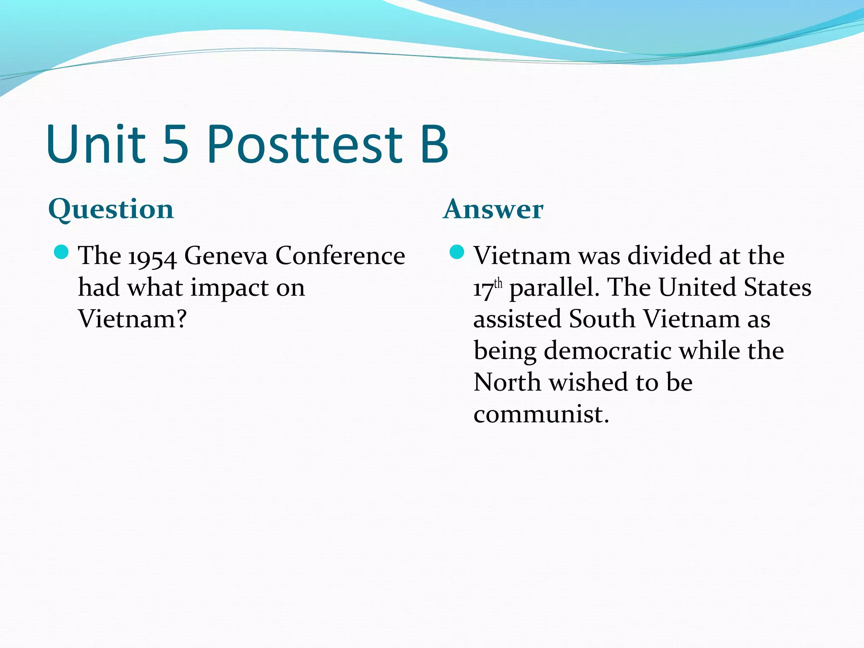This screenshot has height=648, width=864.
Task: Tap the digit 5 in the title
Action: [175, 144]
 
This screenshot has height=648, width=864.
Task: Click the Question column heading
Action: [111, 209]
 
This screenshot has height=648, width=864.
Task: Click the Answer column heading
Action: [493, 209]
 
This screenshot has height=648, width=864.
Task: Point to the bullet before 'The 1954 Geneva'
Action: [62, 252]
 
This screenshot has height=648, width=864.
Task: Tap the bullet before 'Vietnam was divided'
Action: [457, 252]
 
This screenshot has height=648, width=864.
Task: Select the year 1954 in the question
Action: [152, 257]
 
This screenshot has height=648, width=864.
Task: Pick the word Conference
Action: [340, 256]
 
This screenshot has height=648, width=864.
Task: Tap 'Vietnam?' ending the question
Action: [132, 319]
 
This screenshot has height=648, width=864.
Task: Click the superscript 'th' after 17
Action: [498, 283]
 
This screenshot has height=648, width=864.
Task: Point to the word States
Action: [777, 288]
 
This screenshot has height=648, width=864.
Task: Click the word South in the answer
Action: [602, 319]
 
